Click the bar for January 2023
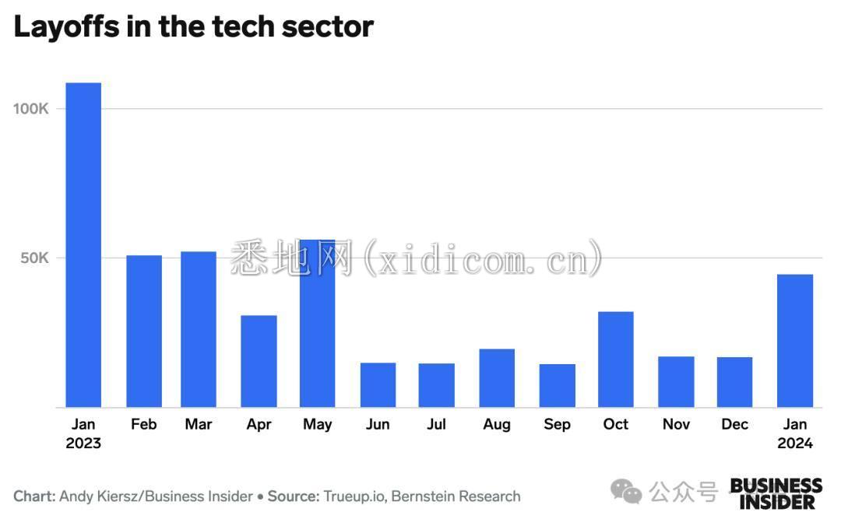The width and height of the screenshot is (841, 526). tap(83, 244)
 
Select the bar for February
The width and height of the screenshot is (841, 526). tap(143, 331)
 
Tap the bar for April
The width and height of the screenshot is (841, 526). tap(259, 361)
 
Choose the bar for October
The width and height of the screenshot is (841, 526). tap(615, 359)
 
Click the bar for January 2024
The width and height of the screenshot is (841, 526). tap(795, 340)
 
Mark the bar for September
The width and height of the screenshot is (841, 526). tap(557, 385)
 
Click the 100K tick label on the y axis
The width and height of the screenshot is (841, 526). tap(31, 108)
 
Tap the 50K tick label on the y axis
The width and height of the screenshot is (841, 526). tap(34, 258)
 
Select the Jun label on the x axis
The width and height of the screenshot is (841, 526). tap(377, 424)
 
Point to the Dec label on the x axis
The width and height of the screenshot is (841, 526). tap(735, 424)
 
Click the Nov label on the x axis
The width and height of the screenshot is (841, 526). tap(675, 424)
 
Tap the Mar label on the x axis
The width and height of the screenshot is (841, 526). tap(198, 424)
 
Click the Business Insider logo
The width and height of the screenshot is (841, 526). tap(776, 494)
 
